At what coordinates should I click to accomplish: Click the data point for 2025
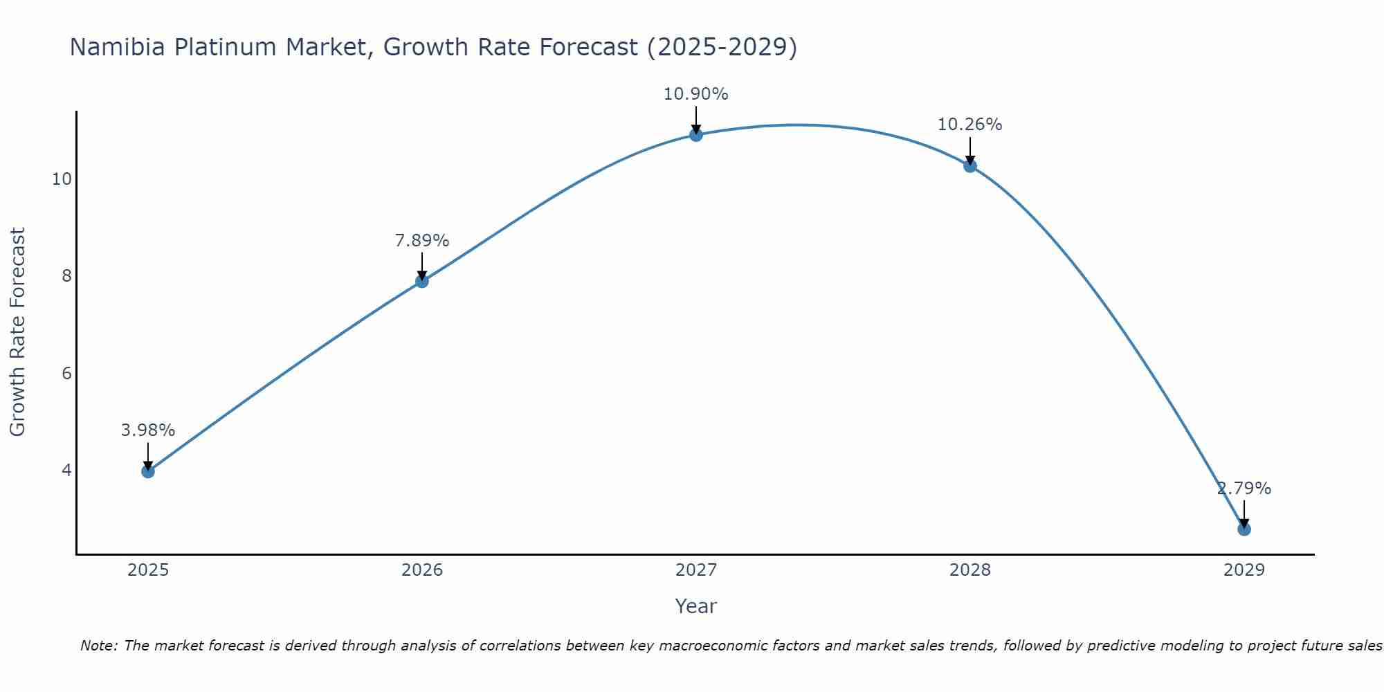(x=148, y=471)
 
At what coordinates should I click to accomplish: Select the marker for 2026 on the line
(x=422, y=281)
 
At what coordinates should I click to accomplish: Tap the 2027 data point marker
(x=696, y=135)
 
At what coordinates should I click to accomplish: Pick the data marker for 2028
(x=970, y=166)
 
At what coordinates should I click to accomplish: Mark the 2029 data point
(x=1244, y=529)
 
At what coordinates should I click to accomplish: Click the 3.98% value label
(x=148, y=430)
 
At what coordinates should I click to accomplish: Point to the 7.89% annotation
(x=422, y=241)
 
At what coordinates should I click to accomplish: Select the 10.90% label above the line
(x=696, y=94)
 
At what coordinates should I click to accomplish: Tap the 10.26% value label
(x=970, y=125)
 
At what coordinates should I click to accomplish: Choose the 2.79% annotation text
(x=1244, y=489)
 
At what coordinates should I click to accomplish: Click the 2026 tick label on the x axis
(x=422, y=570)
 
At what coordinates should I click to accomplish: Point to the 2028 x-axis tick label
(x=970, y=570)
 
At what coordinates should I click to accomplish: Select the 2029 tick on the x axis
(x=1244, y=570)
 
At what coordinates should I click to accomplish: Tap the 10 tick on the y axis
(x=62, y=179)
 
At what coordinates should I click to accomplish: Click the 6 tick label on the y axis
(x=66, y=374)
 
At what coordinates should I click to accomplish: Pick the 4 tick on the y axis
(x=66, y=471)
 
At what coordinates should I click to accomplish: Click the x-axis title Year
(x=696, y=606)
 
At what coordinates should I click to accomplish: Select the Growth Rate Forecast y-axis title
(x=18, y=332)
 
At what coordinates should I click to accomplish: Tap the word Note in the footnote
(x=99, y=646)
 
